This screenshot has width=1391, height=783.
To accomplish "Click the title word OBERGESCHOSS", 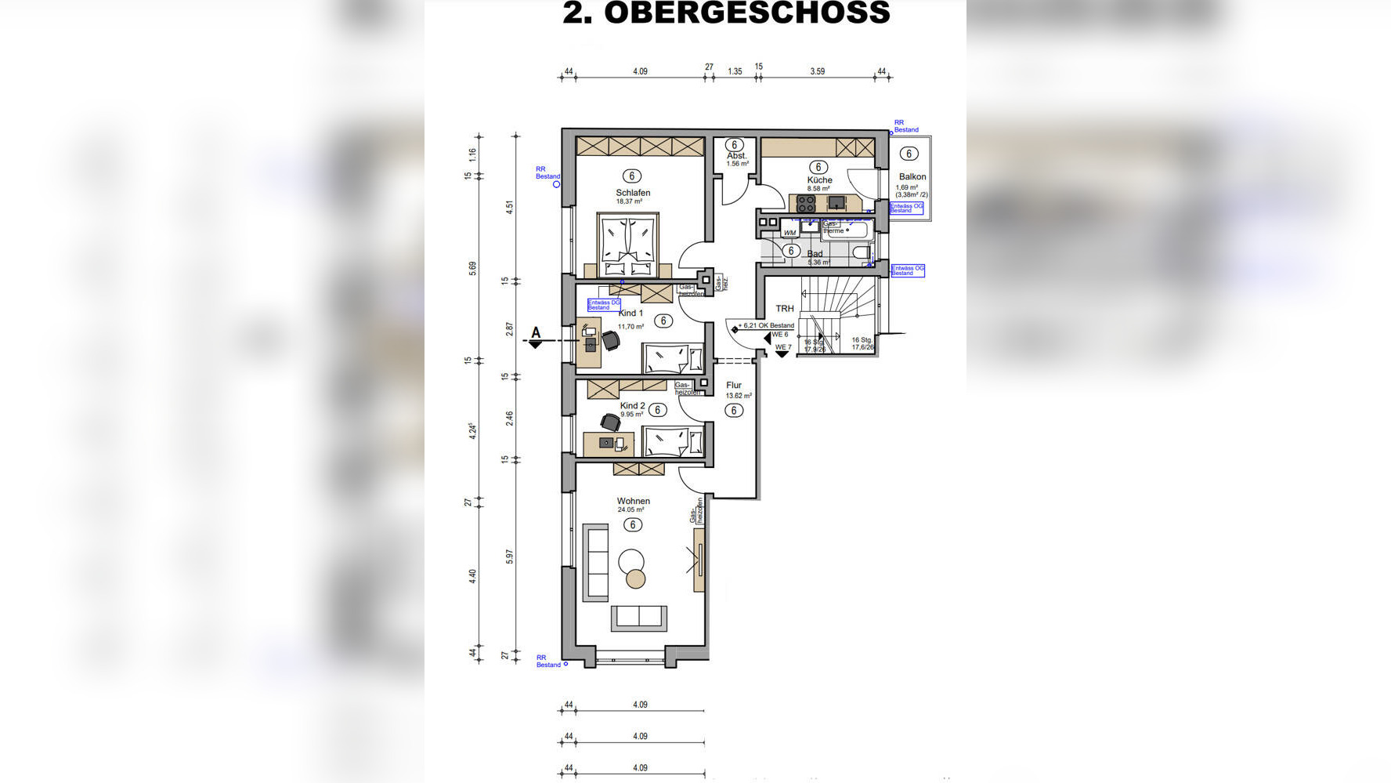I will [x=746, y=13].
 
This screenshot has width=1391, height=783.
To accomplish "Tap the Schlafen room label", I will [x=633, y=193].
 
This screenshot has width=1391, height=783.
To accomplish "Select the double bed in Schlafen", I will [x=627, y=244].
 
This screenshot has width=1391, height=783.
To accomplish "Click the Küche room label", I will [x=819, y=180].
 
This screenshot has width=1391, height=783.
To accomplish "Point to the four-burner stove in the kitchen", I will [x=806, y=204].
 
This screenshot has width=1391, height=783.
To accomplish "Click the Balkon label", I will [x=912, y=177].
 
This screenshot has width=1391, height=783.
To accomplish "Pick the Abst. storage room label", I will [x=736, y=156].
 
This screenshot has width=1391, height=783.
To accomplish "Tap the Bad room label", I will [x=815, y=254].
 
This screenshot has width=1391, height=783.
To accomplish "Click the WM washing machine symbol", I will [x=789, y=233].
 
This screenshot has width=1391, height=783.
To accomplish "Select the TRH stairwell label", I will [x=784, y=309].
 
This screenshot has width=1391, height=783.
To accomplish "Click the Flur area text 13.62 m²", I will [x=739, y=396].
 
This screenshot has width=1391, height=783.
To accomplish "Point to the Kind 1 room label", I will [x=630, y=314].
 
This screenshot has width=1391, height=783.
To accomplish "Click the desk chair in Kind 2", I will [x=611, y=422].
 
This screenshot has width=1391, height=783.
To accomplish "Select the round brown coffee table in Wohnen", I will [x=635, y=579].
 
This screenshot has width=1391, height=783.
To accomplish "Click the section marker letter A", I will [x=536, y=333].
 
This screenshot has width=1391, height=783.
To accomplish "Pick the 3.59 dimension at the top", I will [x=817, y=71].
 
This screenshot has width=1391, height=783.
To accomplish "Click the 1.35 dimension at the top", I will [x=735, y=71].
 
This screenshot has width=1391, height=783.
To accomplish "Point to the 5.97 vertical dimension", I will [x=510, y=556].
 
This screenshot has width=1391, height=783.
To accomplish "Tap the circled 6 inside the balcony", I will [x=909, y=154].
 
